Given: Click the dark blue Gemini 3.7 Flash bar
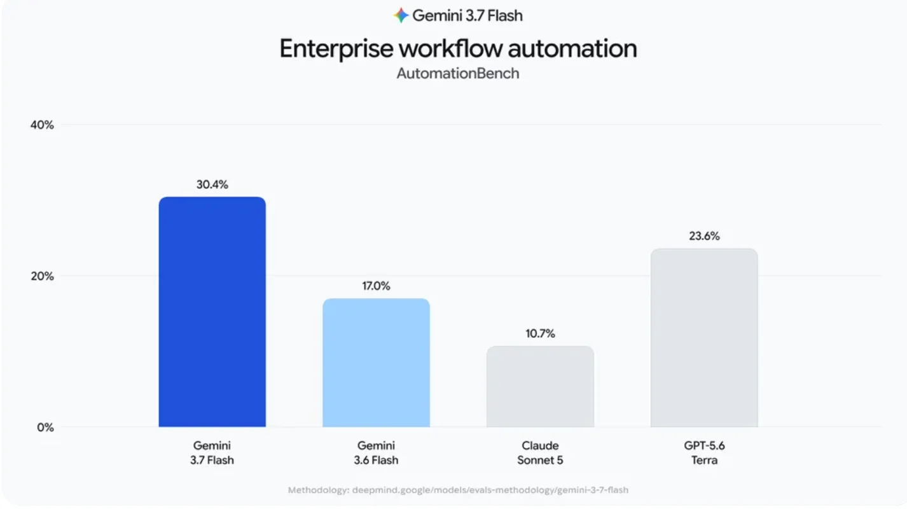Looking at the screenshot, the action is [x=212, y=312].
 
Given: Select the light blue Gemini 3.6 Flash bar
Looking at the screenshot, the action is [x=376, y=363].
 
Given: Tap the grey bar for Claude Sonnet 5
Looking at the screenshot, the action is [x=540, y=386].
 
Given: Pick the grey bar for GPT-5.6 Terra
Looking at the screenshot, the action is [x=704, y=338].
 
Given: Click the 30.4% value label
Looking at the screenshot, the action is [x=212, y=185].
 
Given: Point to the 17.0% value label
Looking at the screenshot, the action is [x=376, y=286].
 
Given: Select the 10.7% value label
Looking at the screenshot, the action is [x=540, y=333].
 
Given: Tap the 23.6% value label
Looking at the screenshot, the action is [x=704, y=236].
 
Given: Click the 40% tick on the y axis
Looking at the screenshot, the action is [x=42, y=125].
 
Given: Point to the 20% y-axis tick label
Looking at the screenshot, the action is [x=42, y=276].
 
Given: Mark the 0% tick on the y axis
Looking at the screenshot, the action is [x=45, y=428].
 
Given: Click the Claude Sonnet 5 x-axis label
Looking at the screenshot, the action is [x=540, y=453].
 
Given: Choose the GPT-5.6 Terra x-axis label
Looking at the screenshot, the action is [x=704, y=453].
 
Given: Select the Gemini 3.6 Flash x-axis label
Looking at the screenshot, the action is [x=376, y=453].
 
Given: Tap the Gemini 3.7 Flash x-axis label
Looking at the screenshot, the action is [x=212, y=453].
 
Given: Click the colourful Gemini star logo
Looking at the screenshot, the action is [x=401, y=15].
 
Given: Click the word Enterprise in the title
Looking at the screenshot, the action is [x=336, y=48].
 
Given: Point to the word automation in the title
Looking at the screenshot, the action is [x=572, y=48].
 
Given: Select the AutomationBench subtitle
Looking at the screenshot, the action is [x=457, y=74].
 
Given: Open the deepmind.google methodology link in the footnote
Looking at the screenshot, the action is [x=490, y=490].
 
